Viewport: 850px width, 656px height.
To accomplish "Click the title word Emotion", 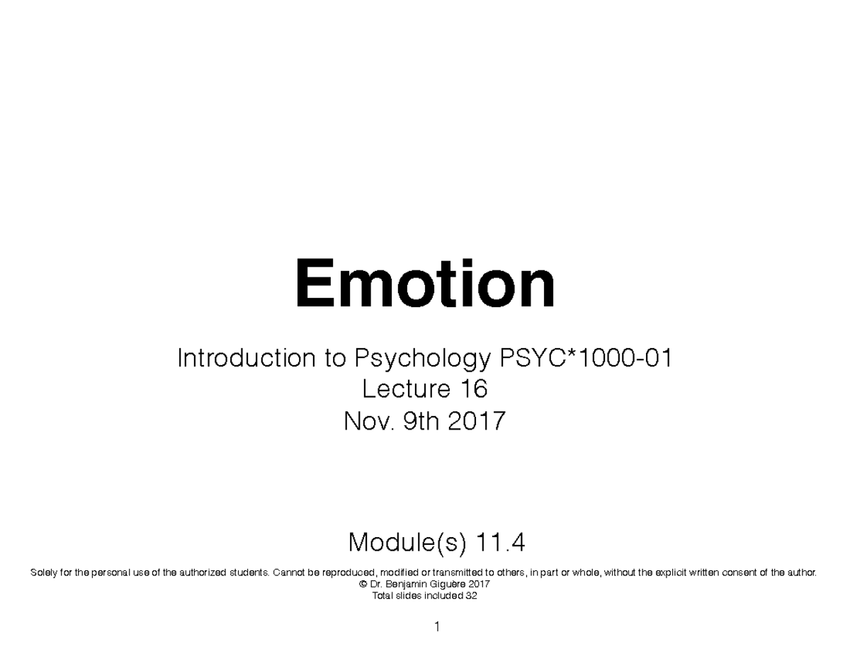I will click(x=425, y=285).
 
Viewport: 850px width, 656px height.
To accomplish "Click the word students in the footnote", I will click(x=246, y=572).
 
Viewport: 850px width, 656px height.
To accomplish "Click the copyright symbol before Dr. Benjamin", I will click(x=364, y=585).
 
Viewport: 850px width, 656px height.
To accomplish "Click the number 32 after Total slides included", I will click(x=471, y=596).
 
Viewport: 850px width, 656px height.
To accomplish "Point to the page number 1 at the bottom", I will click(x=438, y=627).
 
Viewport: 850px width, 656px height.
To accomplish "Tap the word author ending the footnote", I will click(x=802, y=572).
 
